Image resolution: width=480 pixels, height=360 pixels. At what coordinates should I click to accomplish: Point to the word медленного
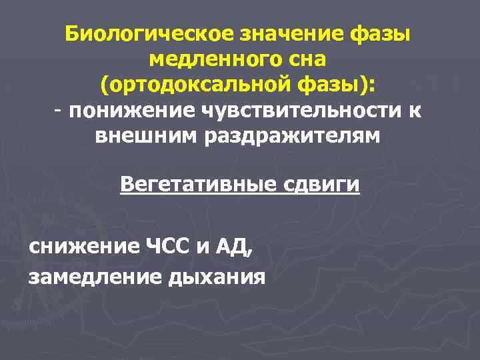coord(211,59)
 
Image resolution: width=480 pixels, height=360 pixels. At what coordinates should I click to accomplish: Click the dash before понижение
coord(59,109)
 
